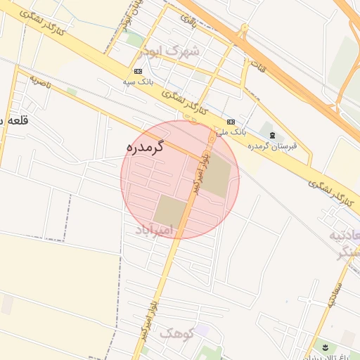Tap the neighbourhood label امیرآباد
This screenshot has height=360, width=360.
coord(153,230)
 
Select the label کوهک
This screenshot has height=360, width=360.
coord(175,333)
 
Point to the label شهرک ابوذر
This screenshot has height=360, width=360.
coord(169,51)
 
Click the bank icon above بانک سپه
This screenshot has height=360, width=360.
coord(138,72)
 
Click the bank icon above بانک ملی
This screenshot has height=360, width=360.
coord(231,121)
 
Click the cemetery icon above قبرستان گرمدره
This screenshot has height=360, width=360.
coord(272,134)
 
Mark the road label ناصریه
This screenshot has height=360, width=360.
coord(41,82)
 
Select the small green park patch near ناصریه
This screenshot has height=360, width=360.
coord(71,91)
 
